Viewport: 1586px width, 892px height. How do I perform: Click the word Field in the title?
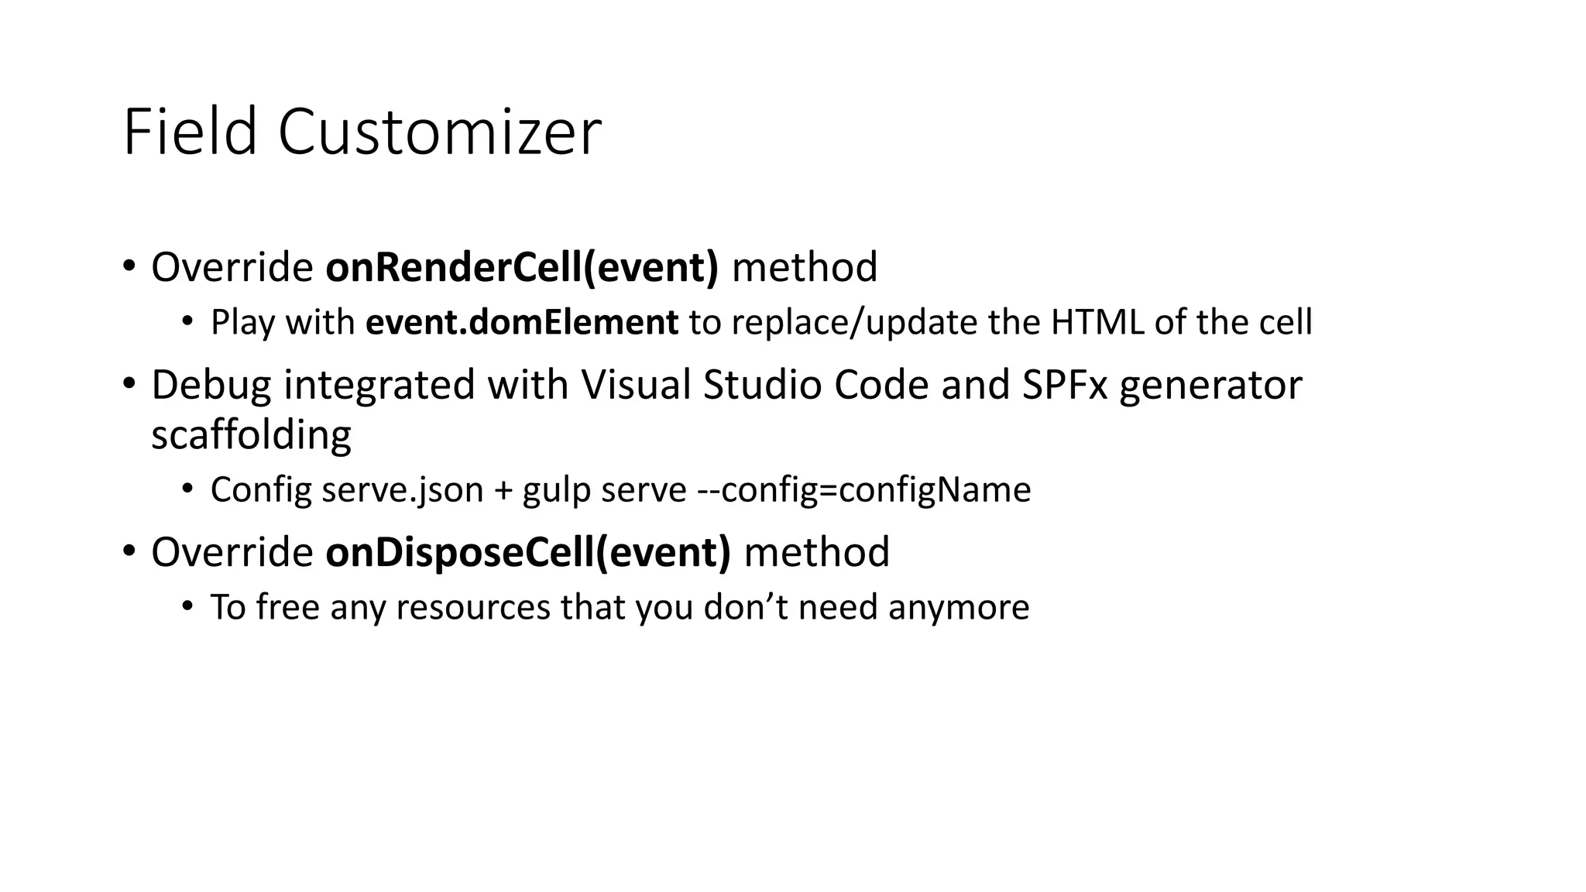click(190, 132)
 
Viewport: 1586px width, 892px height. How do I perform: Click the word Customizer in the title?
click(439, 132)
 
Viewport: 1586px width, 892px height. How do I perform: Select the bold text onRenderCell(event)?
click(522, 267)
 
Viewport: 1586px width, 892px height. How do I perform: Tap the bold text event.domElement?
click(522, 322)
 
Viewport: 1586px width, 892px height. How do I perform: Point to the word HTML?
click(1097, 322)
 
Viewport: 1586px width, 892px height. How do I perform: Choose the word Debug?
click(211, 385)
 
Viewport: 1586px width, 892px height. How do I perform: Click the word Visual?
click(636, 385)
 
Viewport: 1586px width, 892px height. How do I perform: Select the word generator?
click(1210, 385)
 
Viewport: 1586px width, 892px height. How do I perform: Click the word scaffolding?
click(251, 434)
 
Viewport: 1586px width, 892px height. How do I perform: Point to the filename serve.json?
click(403, 489)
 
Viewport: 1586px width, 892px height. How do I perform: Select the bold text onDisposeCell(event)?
click(527, 552)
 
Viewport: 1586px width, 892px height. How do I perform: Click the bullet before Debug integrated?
click(129, 383)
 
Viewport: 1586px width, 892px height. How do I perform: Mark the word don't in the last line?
click(746, 607)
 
